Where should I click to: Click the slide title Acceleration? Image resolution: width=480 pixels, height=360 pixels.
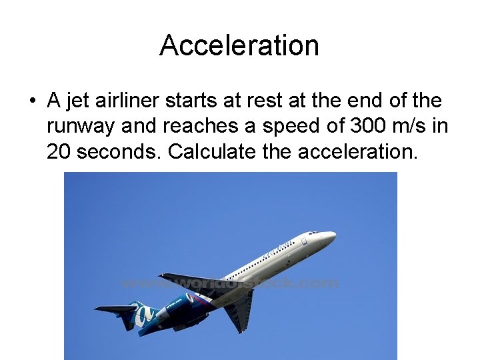[x=239, y=45]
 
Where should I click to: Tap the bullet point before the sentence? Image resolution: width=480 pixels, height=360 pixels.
[x=32, y=102]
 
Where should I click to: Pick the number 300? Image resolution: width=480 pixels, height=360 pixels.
[x=368, y=126]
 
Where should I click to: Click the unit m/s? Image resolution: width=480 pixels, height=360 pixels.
[x=412, y=126]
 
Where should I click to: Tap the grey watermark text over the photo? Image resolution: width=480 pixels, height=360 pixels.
[x=230, y=283]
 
